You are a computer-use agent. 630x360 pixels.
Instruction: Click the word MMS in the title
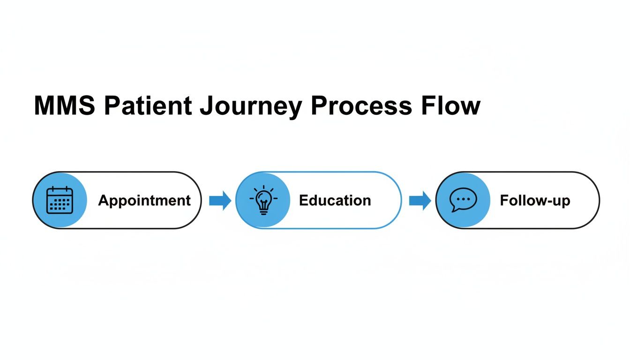65,106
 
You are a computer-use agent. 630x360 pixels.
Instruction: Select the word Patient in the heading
148,106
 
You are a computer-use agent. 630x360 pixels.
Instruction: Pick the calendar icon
60,200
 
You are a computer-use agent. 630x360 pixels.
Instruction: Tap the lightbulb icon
263,200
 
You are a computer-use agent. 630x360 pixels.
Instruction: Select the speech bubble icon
463,200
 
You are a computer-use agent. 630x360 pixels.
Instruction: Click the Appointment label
144,201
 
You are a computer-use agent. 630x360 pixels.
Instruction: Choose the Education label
335,201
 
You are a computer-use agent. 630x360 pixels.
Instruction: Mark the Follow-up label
535,201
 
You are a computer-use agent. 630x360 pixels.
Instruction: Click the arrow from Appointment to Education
220,201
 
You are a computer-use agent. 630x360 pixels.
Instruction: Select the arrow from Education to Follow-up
420,201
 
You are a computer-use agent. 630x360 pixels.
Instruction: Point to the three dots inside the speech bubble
463,198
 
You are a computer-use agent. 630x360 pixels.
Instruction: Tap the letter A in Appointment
103,200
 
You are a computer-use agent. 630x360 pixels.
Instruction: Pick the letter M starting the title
44,106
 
